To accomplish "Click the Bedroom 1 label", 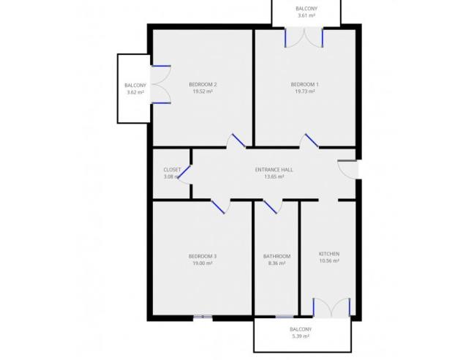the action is [305, 84].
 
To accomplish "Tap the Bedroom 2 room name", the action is [203, 84].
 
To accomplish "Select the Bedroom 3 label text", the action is [203, 256].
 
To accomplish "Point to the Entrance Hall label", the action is [274, 170].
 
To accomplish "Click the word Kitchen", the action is [329, 254].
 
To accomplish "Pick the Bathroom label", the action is [277, 256].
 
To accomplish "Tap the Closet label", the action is [172, 170].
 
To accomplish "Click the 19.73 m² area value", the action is [305, 91].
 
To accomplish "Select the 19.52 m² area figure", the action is [203, 91].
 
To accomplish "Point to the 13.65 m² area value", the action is [274, 176].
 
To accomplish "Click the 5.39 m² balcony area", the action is [301, 336].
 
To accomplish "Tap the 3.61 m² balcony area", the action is [306, 15].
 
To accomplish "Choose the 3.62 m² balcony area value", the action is [135, 92].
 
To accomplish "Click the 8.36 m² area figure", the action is [277, 263].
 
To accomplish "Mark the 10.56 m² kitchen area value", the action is [329, 261].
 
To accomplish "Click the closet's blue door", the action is [184, 172].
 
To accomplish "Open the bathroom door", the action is [270, 207].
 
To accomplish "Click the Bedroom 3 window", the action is [203, 317].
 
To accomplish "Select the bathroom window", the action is [284, 317].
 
